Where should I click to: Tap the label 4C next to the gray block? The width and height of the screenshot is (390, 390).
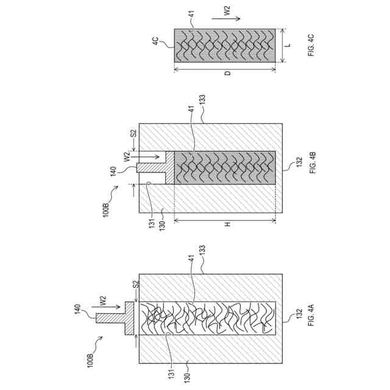click(x=155, y=41)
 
